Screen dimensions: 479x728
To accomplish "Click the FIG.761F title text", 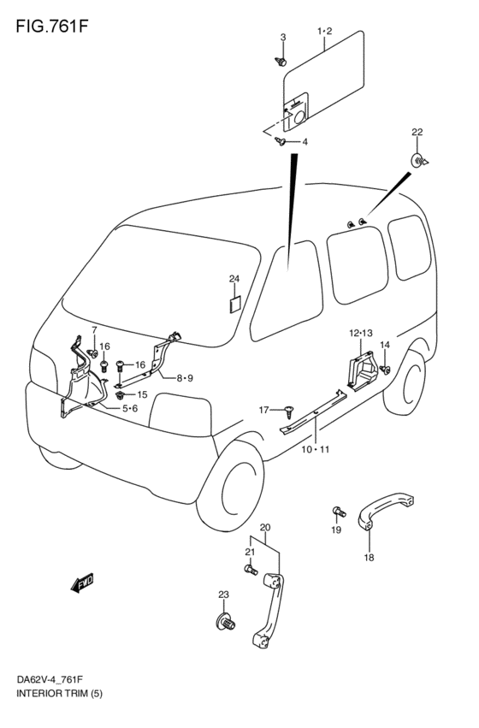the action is [51, 26].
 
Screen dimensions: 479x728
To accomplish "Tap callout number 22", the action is [417, 132].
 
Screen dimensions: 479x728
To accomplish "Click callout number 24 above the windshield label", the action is [234, 279].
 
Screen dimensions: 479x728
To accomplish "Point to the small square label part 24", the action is [234, 304].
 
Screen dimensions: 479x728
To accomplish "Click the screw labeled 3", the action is [281, 61].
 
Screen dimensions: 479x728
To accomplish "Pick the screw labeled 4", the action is [280, 141].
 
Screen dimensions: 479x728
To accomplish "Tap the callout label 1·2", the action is [325, 31].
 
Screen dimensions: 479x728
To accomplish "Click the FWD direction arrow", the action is [83, 583].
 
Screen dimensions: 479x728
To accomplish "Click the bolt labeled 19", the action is [339, 512].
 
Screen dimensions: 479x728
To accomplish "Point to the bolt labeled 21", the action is [251, 569].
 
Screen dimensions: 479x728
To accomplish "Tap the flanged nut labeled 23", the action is [226, 622].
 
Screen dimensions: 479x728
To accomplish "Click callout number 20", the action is [265, 528].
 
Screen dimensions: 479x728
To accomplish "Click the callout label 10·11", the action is [315, 449].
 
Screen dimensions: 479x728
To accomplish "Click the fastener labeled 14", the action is [385, 370].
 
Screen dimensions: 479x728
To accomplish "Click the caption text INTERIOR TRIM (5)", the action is [59, 707].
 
